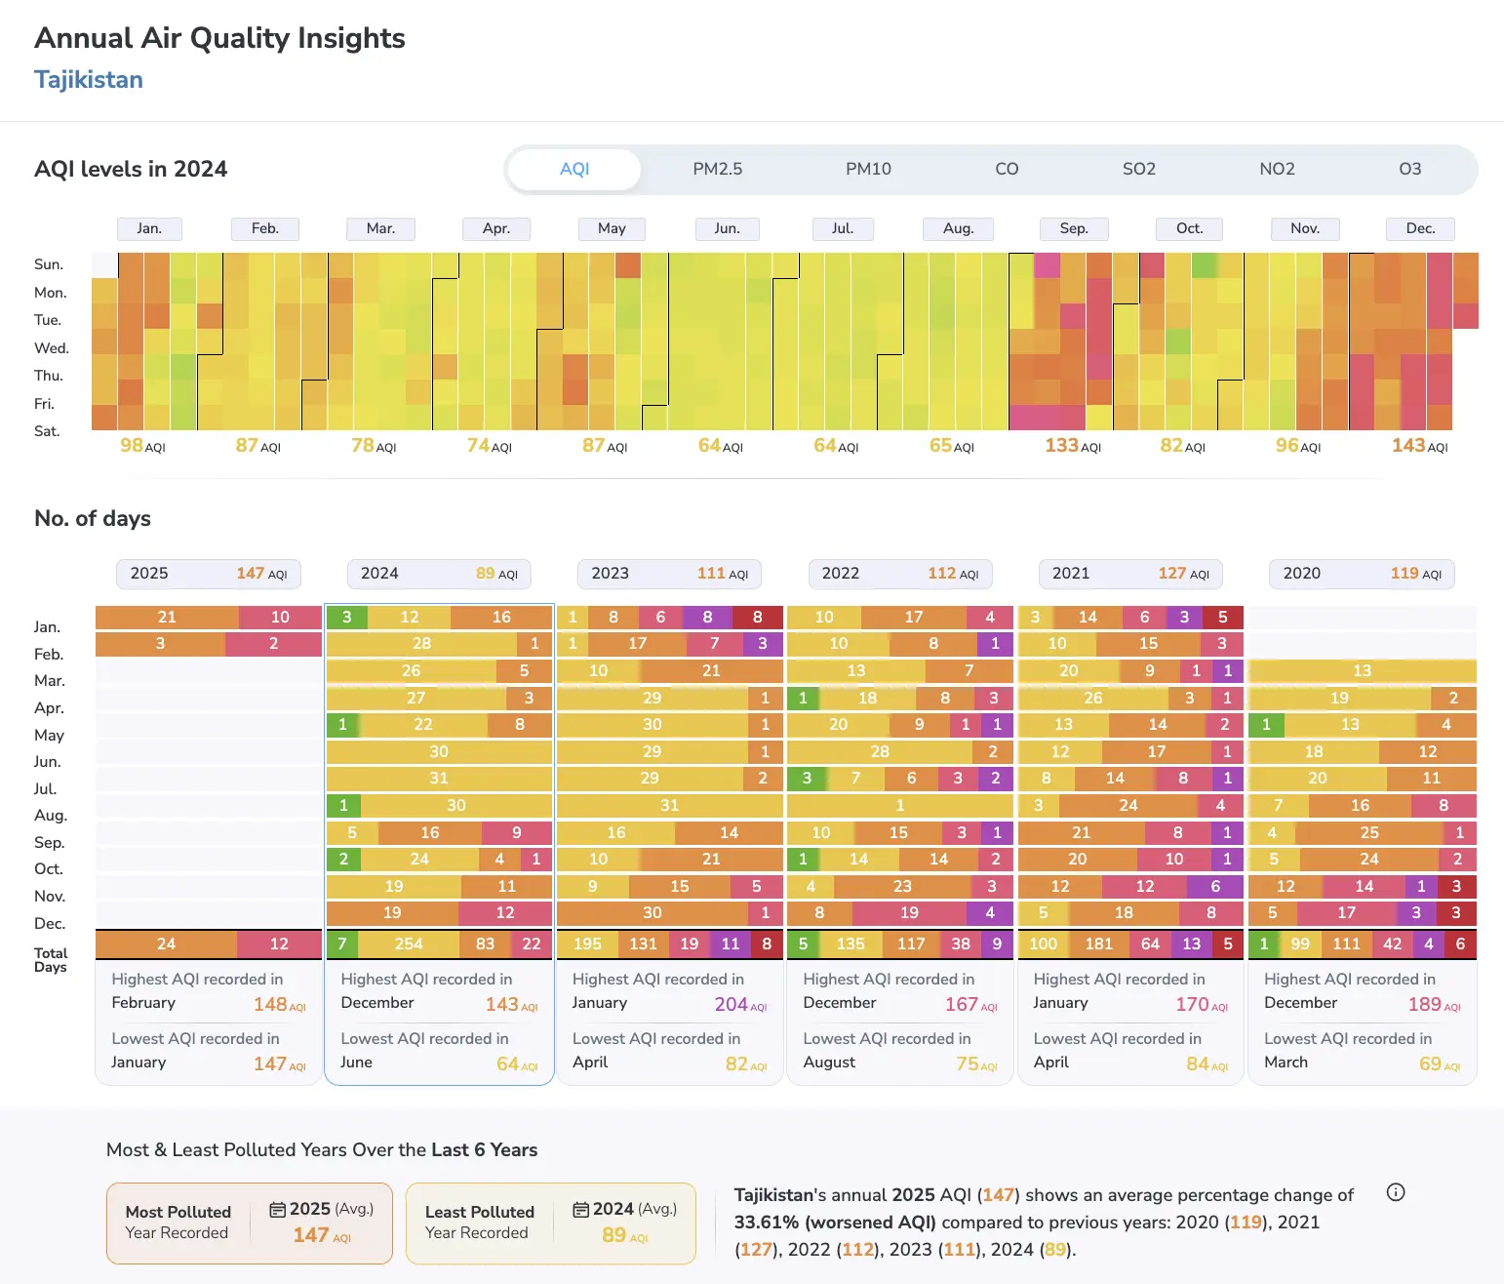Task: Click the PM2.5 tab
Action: click(717, 169)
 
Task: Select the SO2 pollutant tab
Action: click(1139, 169)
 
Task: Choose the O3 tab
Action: click(1409, 169)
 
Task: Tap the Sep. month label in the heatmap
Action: click(1074, 228)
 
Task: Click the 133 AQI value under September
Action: click(1073, 446)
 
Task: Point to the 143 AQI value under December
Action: click(1419, 446)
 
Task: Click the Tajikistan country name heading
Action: click(89, 79)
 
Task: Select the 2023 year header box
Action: click(669, 574)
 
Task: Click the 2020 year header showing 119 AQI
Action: click(1362, 574)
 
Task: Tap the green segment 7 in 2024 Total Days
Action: click(342, 944)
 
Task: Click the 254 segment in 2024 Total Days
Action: click(409, 944)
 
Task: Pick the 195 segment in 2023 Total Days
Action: click(587, 944)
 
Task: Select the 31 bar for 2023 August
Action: click(669, 805)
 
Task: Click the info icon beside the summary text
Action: click(1395, 1192)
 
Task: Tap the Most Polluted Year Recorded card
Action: click(250, 1223)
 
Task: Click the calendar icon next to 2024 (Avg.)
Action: click(580, 1210)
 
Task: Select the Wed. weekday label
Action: click(51, 348)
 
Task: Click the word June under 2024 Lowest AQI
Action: click(357, 1062)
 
